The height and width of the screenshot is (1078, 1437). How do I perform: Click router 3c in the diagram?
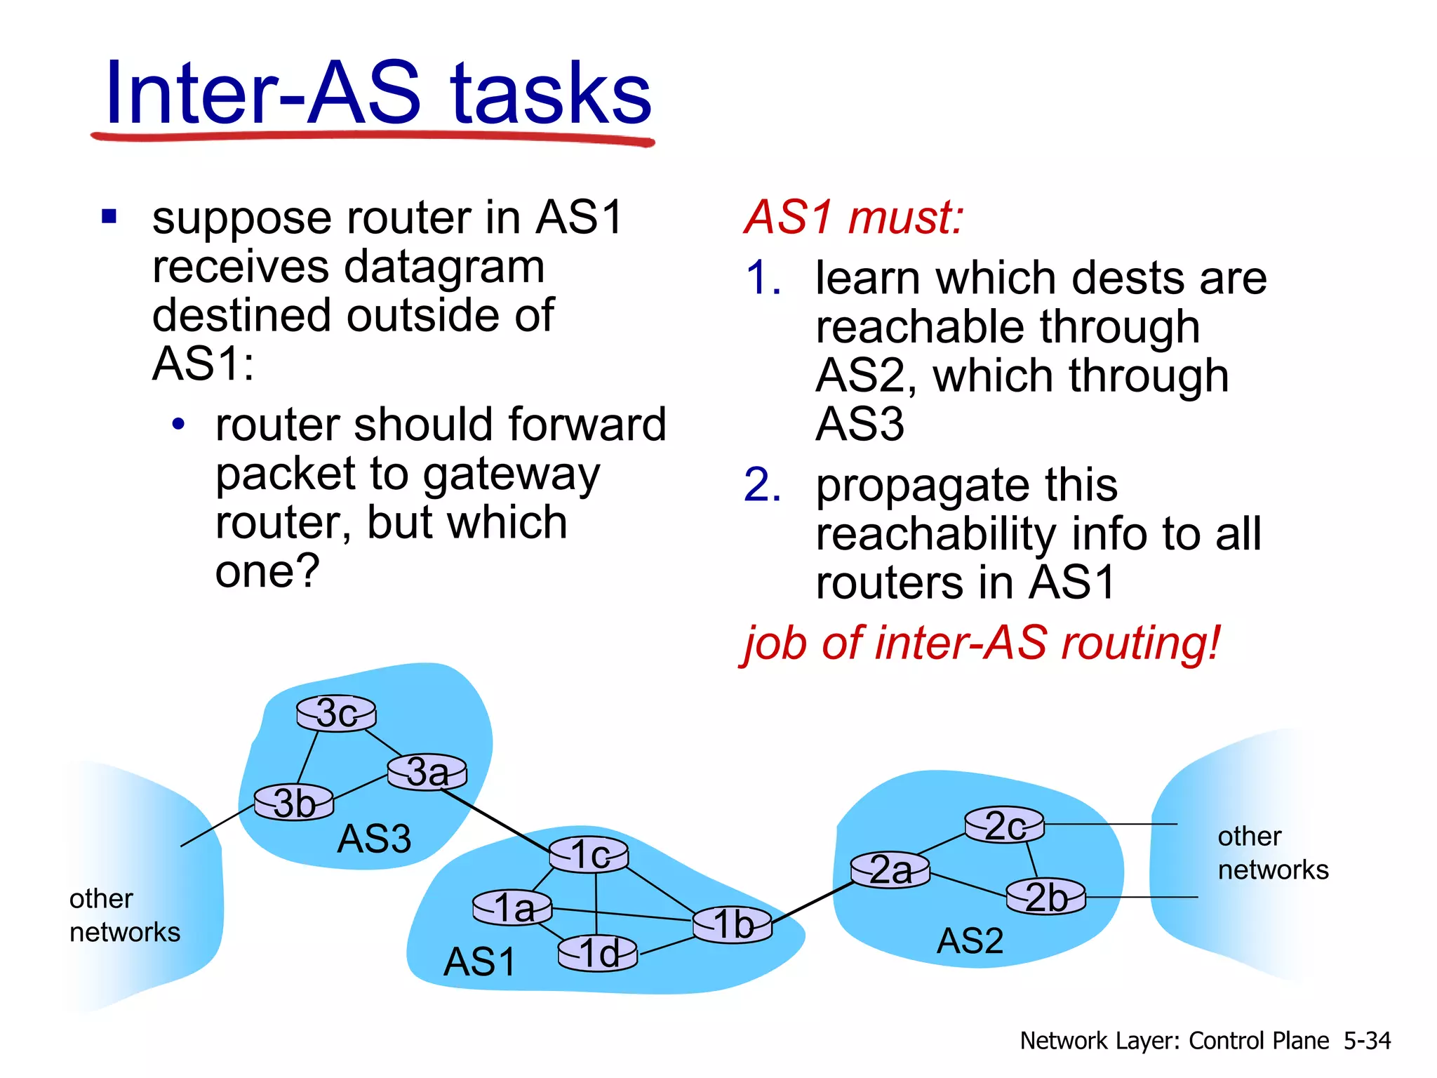coord(336,714)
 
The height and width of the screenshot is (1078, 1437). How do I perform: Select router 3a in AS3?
coord(427,772)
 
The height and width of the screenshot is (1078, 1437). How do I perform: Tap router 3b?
coord(294,803)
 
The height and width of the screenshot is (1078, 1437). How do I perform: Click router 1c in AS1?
coord(588,855)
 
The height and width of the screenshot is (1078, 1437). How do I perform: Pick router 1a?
coord(513,908)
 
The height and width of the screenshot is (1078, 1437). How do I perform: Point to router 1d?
coord(598,954)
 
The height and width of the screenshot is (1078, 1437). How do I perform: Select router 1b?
coord(733,924)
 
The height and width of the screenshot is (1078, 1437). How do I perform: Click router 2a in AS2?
coord(890,870)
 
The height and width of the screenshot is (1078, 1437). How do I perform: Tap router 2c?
coord(1004,825)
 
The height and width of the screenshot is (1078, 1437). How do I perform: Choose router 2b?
coord(1045,898)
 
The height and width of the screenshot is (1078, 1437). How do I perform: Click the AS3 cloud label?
coord(374,839)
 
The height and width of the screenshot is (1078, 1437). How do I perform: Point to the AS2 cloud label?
coord(970,941)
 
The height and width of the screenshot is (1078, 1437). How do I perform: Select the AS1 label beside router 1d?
coord(480,962)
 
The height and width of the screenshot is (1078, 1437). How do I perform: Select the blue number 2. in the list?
coord(762,485)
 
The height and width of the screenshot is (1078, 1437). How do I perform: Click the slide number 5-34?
coord(1367,1040)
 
